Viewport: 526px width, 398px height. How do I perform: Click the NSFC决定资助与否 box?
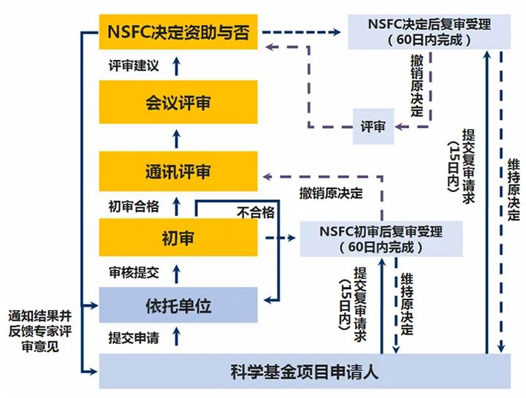pos(178,33)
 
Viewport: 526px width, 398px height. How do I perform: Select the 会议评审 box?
pos(178,103)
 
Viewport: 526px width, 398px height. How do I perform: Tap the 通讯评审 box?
pos(178,172)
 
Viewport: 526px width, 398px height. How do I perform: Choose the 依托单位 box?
pos(178,305)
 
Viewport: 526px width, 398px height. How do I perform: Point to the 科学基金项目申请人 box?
pos(305,372)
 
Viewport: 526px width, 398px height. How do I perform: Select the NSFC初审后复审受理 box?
pos(381,239)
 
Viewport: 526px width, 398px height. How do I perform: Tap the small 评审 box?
pos(373,126)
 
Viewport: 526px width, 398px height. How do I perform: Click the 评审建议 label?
pos(133,66)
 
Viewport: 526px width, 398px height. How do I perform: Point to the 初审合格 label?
pos(133,206)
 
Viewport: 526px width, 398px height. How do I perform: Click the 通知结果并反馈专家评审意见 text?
pos(41,332)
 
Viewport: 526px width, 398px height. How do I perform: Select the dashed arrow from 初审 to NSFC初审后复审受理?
pos(279,238)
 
